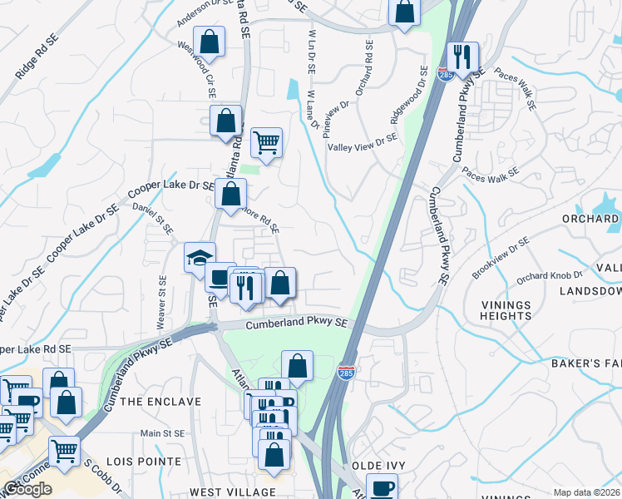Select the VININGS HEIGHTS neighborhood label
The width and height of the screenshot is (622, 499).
506,310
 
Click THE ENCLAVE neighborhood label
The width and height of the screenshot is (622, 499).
160,402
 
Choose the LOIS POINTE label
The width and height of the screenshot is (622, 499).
150,461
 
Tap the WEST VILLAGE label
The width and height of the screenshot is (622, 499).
220,493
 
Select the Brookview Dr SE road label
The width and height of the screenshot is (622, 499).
501,257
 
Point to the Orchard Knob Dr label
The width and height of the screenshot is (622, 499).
548,275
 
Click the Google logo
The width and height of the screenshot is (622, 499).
27,489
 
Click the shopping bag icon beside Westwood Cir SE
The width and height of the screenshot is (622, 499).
210,42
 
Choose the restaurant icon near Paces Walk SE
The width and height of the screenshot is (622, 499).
462,58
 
